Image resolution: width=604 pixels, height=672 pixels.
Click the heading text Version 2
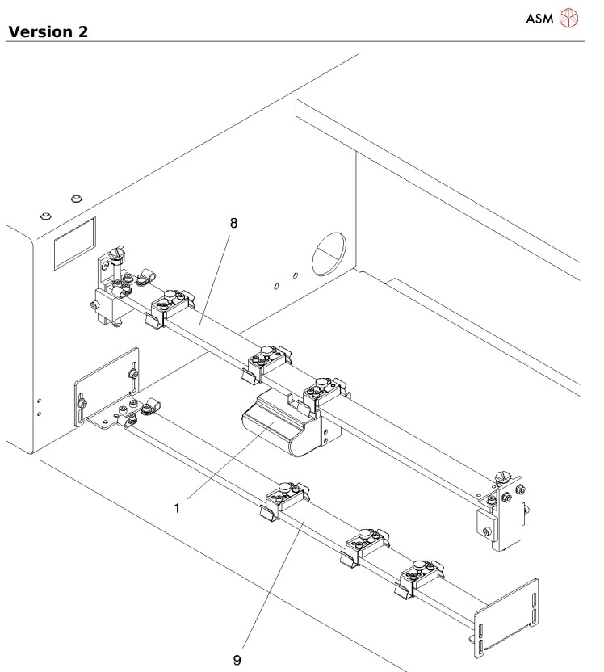[47, 31]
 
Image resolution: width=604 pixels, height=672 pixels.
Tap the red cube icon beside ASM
[569, 19]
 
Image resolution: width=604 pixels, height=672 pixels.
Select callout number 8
[233, 224]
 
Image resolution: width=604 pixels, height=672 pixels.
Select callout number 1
[177, 508]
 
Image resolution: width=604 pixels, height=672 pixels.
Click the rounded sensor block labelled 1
[279, 426]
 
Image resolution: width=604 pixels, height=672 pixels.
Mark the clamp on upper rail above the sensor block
[323, 394]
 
